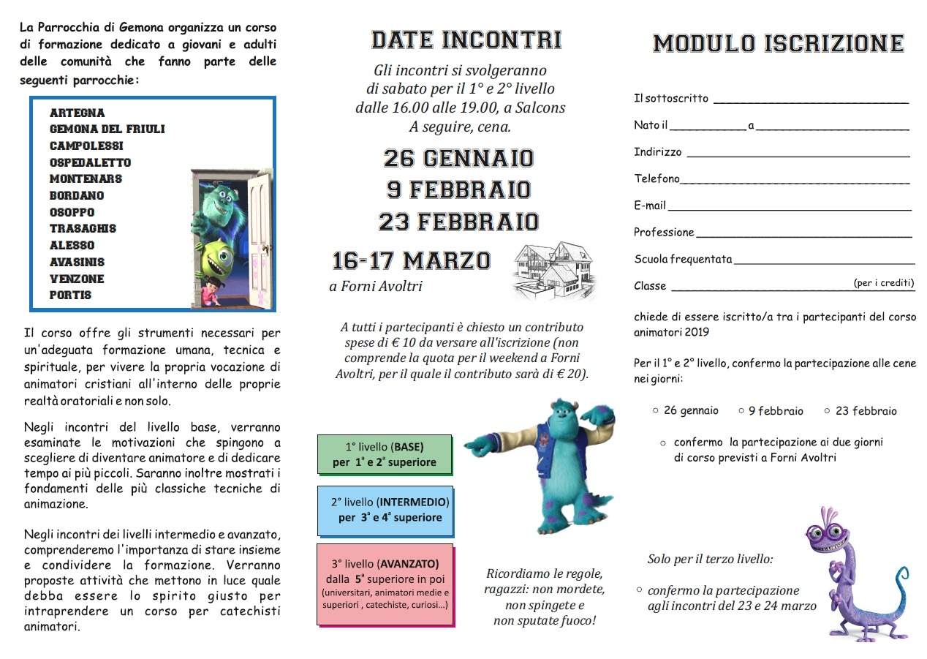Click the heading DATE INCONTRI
[466, 39]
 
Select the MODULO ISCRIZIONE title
[778, 44]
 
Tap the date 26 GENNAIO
[459, 158]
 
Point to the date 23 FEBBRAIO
[459, 222]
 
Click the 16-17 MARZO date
[412, 260]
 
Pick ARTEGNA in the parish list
[77, 113]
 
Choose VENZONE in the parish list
[77, 279]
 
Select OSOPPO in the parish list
[72, 212]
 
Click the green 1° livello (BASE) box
[385, 453]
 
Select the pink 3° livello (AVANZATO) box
[385, 584]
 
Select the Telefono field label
[657, 178]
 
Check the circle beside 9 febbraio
[741, 411]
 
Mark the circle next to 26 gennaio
[656, 410]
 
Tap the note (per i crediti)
[883, 283]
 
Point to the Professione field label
[664, 233]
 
